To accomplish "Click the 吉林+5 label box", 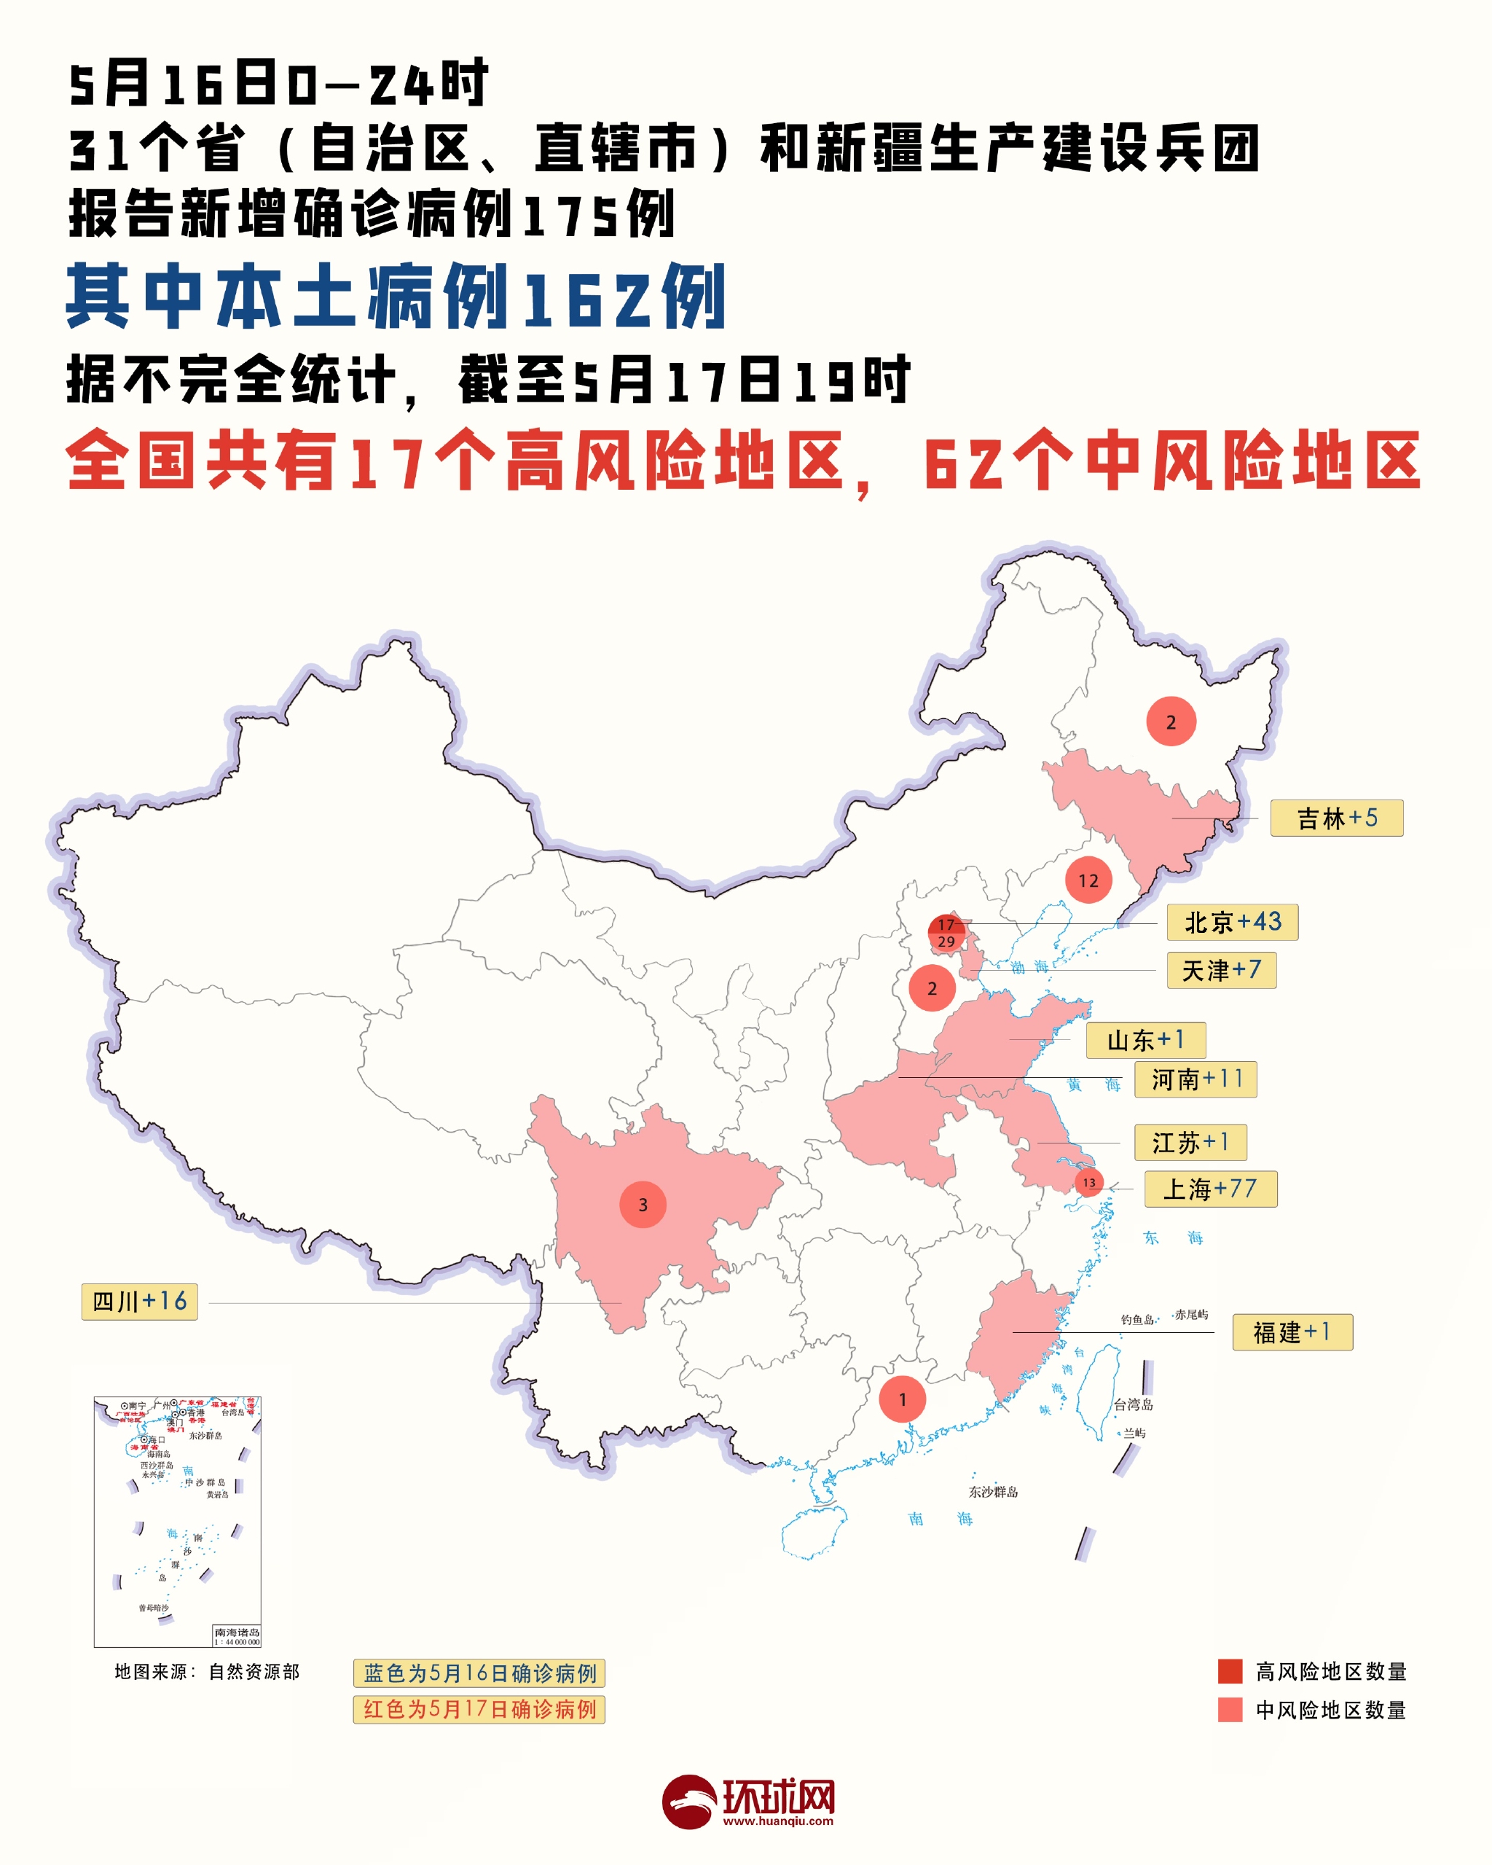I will pos(1336,818).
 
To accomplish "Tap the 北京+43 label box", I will pos(1232,922).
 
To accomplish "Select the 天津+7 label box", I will pos(1221,970).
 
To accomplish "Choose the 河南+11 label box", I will pos(1197,1079).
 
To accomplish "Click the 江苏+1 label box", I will pos(1190,1142).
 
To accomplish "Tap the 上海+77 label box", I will pos(1210,1189).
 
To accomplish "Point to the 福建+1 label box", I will pos(1292,1332).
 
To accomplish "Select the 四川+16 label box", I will pos(139,1302).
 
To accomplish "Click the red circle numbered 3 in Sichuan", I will pos(643,1204).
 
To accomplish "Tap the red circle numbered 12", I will pos(1088,880).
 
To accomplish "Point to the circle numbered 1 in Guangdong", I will pos(902,1399).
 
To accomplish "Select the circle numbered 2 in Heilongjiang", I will pos(1171,722).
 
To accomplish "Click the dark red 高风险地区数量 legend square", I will pos(1230,1670).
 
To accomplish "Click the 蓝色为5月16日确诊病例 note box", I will pos(479,1673).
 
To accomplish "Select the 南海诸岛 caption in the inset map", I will pos(237,1632).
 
